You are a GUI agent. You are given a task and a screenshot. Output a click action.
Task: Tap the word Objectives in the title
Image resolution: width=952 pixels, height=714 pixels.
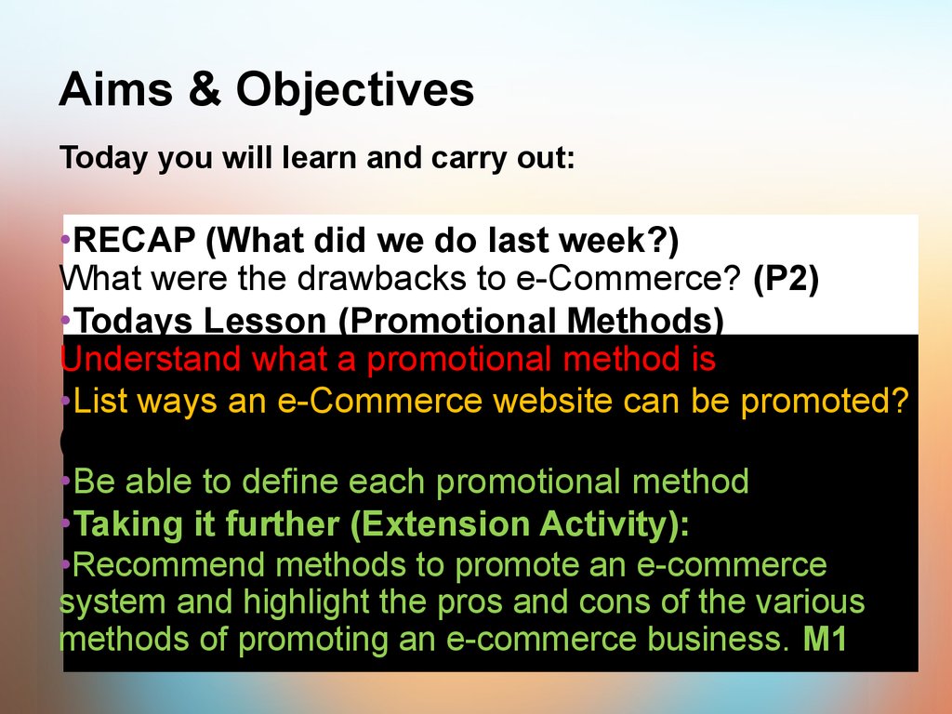(354, 91)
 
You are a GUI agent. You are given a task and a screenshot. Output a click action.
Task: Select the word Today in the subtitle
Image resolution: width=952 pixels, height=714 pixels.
(103, 158)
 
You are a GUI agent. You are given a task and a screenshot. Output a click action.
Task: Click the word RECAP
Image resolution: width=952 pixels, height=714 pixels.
(134, 240)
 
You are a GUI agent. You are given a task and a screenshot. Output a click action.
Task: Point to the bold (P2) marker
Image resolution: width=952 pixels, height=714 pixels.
(786, 279)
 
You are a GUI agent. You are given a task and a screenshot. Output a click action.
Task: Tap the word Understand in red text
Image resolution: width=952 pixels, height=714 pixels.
(150, 358)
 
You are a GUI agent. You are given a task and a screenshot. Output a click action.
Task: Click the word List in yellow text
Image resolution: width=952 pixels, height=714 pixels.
(100, 401)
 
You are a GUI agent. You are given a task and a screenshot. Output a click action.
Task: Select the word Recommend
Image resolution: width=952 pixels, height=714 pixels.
(169, 564)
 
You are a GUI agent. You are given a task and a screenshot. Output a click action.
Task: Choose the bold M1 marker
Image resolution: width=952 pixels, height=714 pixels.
(825, 639)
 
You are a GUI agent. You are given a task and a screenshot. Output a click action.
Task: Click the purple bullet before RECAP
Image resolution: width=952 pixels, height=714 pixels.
(66, 240)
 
